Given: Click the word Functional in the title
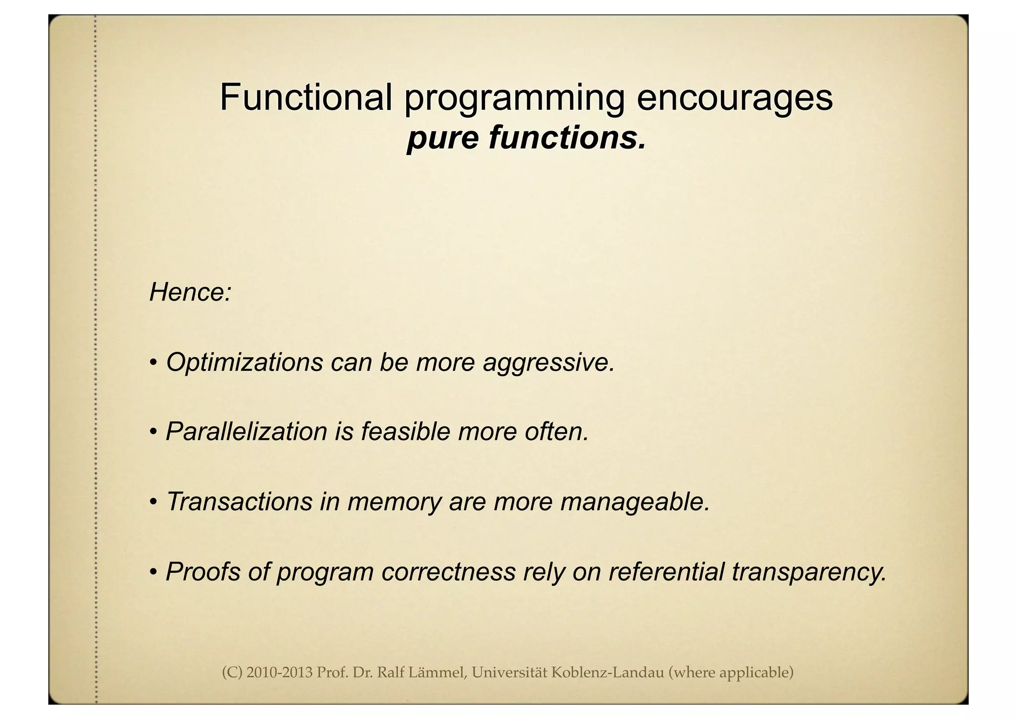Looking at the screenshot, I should pos(306,97).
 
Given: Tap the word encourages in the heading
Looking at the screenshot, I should pos(734,97).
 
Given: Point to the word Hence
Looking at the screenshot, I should pos(189,292).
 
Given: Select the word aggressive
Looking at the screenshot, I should pos(548,363).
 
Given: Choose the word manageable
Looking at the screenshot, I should pos(635,502).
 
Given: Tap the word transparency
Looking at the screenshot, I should pos(809,572).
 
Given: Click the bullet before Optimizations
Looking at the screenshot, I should pos(154,363).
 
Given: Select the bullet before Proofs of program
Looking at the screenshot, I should pos(154,572).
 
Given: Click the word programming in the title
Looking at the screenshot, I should pos(514,98).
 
